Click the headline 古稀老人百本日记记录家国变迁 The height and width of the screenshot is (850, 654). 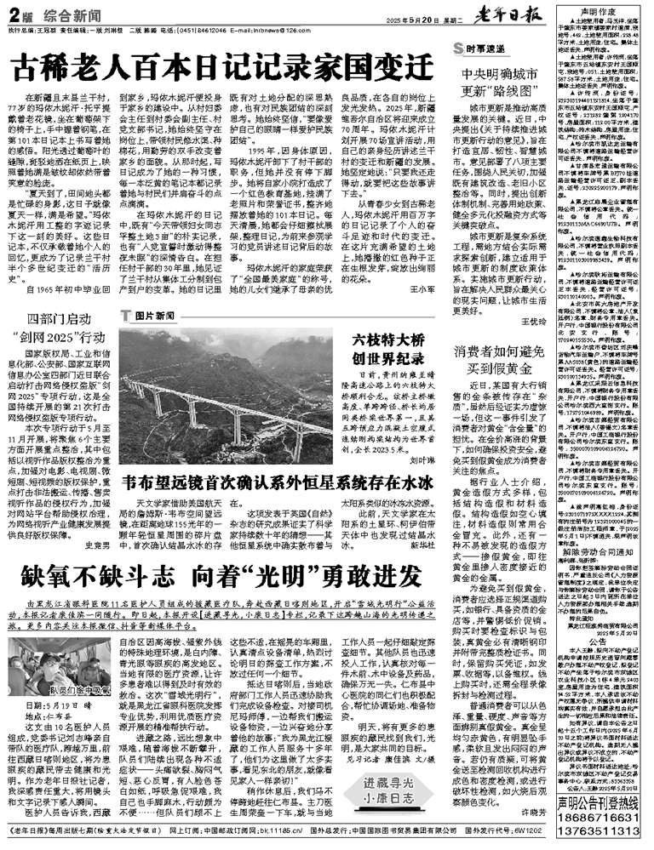(x=227, y=66)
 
